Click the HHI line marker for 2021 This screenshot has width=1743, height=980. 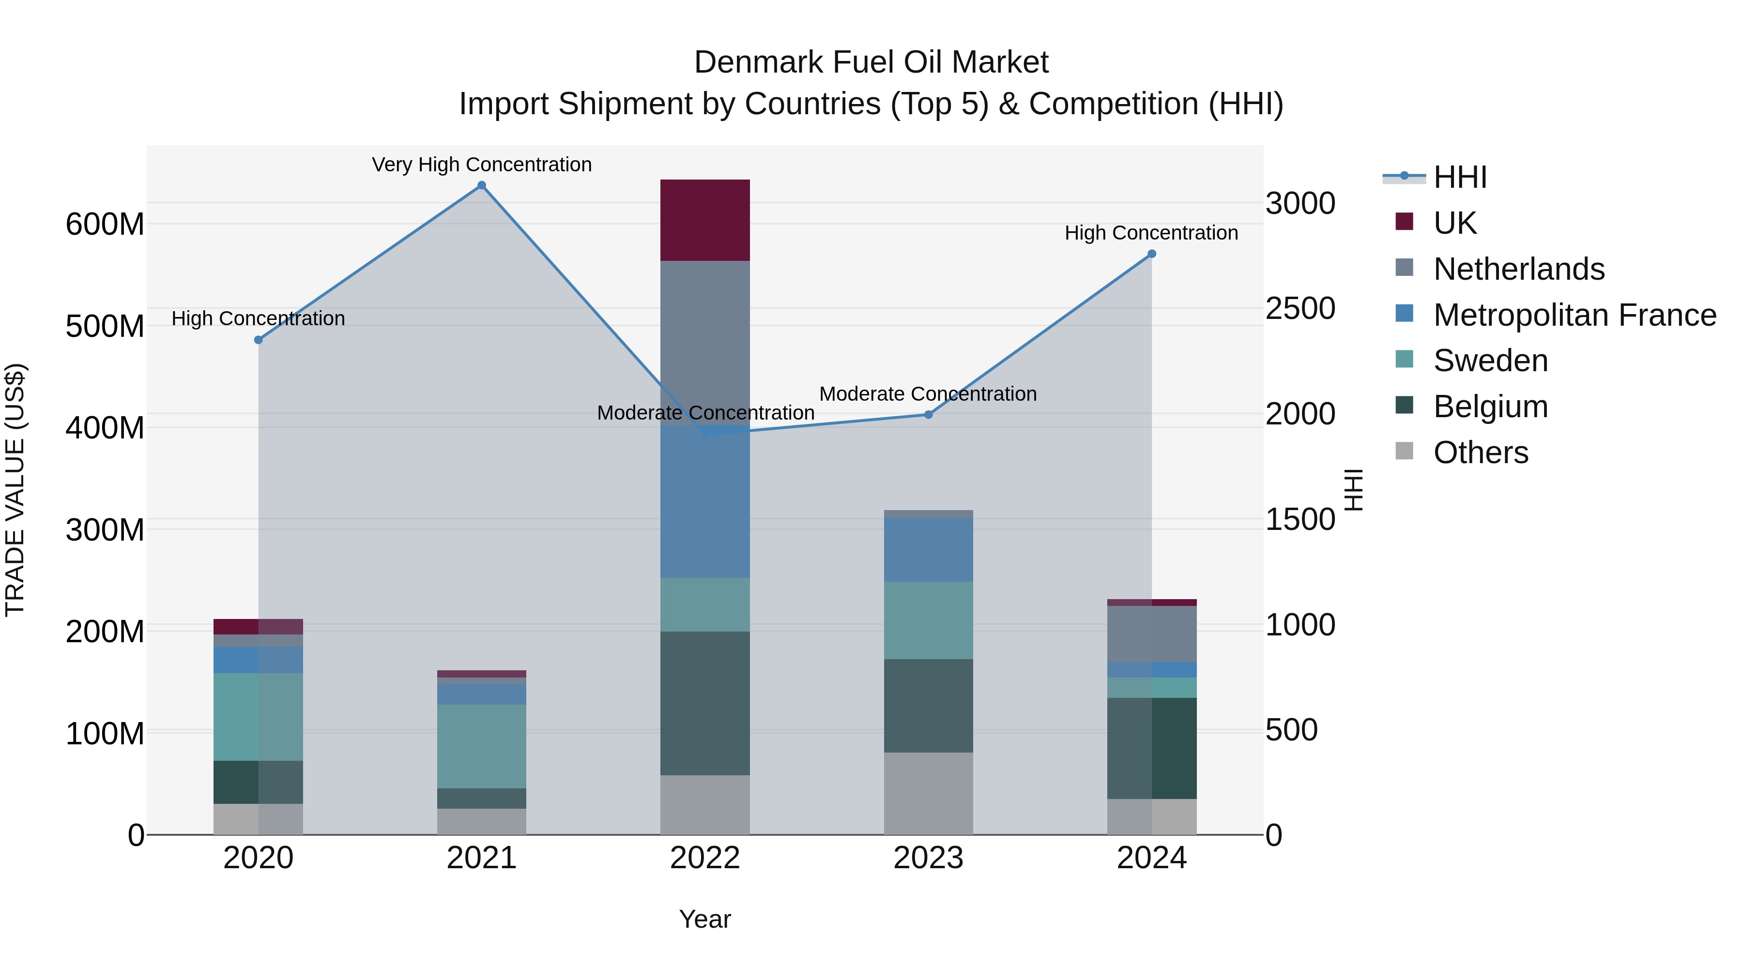pyautogui.click(x=482, y=185)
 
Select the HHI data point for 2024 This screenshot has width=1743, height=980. pyautogui.click(x=1152, y=254)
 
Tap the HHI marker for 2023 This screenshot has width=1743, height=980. pyautogui.click(x=928, y=415)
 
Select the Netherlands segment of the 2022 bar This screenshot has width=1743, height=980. pyautogui.click(x=705, y=338)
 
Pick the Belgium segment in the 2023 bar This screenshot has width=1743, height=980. pyautogui.click(x=928, y=706)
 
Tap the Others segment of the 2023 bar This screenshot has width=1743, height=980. pyautogui.click(x=928, y=793)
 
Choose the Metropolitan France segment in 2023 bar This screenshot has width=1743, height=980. pyautogui.click(x=928, y=549)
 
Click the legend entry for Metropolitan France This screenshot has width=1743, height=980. pyautogui.click(x=1574, y=315)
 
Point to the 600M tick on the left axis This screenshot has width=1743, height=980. pyautogui.click(x=105, y=224)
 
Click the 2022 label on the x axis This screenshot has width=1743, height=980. pyautogui.click(x=705, y=858)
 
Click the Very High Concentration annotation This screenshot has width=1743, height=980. pyautogui.click(x=482, y=165)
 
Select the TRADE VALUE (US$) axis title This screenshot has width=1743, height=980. pyautogui.click(x=15, y=490)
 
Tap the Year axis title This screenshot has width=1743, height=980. pyautogui.click(x=705, y=919)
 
